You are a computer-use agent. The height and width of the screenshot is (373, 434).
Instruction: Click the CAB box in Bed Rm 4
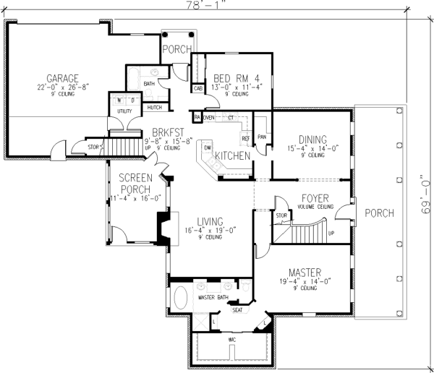pos(197,89)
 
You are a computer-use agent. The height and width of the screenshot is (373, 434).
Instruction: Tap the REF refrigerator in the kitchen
pos(245,137)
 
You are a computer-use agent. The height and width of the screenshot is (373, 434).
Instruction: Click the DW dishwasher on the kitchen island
pos(207,147)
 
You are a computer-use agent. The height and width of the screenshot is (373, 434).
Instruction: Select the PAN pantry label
pos(262,136)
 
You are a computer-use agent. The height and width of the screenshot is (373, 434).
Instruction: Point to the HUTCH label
pos(154,108)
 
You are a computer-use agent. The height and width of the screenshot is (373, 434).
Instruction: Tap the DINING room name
pos(312,140)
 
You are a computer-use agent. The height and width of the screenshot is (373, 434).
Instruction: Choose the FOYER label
pos(315,197)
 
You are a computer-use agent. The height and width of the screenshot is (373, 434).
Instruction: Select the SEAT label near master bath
pos(237,311)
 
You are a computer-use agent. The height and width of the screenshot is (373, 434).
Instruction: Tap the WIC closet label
pos(232,338)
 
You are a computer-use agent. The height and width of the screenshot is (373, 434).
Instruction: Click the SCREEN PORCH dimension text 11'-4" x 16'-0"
pos(135,198)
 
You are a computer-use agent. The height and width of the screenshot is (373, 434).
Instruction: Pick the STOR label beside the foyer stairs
pos(281,215)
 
